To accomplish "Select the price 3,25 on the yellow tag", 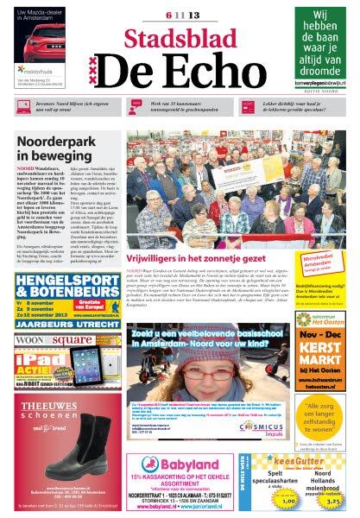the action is tap(335, 499).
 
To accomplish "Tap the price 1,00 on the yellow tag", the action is tap(288, 499).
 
